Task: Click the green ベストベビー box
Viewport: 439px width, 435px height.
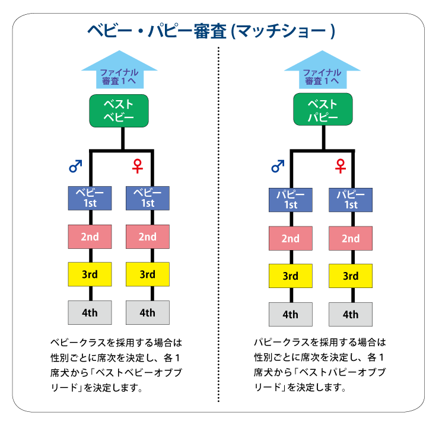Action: point(119,111)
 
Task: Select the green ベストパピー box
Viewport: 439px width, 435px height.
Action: point(323,110)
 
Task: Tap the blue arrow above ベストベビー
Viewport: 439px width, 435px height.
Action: point(120,70)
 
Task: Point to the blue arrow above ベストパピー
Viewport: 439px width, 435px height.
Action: point(323,70)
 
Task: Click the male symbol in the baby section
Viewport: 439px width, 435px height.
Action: point(75,166)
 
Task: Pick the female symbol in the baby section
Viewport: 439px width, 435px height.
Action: point(138,166)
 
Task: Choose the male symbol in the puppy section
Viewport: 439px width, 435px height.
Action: point(278,166)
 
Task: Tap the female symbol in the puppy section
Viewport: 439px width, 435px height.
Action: point(341,166)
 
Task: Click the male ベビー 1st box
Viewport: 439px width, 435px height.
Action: point(90,198)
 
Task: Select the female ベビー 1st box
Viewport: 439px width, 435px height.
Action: point(148,198)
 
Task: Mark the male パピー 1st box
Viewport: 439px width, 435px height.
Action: point(291,200)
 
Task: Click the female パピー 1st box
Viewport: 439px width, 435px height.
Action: point(351,200)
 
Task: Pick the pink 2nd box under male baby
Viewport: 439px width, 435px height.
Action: point(90,236)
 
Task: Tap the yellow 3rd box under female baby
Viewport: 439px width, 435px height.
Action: point(148,274)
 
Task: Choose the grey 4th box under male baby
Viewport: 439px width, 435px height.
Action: point(90,312)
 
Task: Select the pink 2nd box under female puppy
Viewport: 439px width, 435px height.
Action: point(351,238)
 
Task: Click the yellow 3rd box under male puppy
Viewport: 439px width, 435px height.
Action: point(291,276)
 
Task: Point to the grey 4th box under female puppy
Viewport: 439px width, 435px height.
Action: point(351,314)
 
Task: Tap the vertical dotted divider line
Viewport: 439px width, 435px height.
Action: point(218,225)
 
